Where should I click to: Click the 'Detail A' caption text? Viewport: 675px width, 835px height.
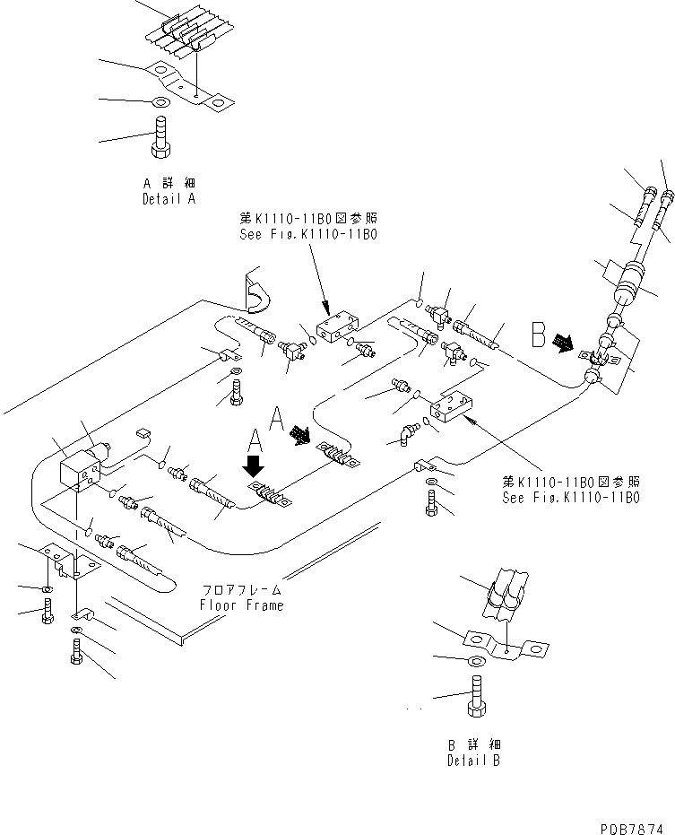tap(169, 199)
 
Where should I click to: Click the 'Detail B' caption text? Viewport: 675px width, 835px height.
tap(474, 761)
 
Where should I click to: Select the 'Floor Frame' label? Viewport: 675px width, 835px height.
tap(241, 605)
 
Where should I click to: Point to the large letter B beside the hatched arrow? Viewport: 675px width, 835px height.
tap(539, 335)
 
